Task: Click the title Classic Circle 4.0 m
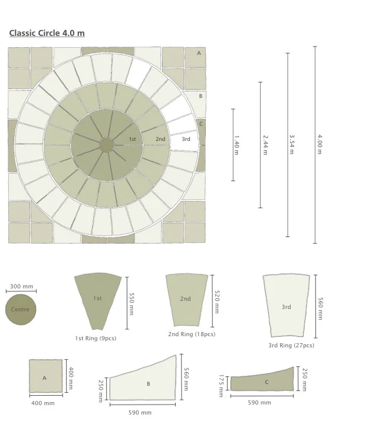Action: [47, 33]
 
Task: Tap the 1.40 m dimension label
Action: [236, 145]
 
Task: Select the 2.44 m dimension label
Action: [265, 145]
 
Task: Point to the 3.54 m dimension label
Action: [292, 144]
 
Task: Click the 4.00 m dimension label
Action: [320, 144]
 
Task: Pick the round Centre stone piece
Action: [21, 310]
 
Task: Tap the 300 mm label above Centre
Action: [21, 286]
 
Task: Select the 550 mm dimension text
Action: [131, 304]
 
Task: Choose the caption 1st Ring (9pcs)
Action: [96, 339]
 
